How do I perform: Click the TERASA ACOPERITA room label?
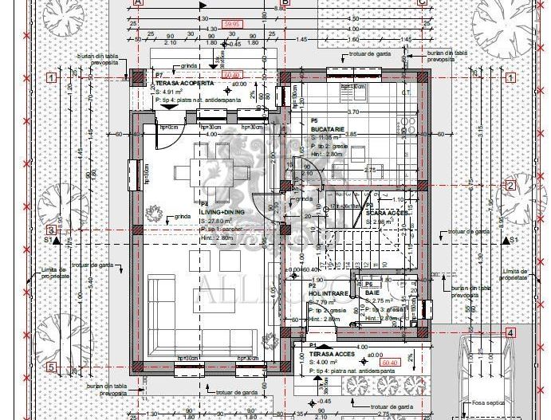184,83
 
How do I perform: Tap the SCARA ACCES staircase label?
387,213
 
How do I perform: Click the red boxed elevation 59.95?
232,25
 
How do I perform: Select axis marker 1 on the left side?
51,77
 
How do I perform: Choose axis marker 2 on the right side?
510,186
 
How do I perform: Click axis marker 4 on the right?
510,333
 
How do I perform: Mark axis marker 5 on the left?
51,367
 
